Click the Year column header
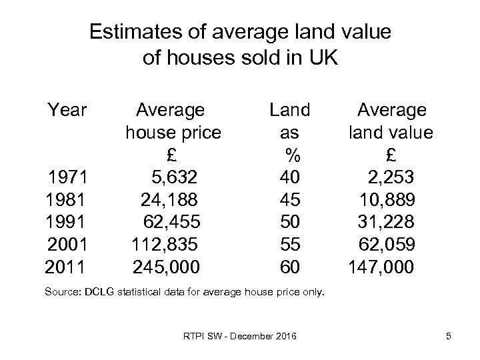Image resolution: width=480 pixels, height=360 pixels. click(x=67, y=109)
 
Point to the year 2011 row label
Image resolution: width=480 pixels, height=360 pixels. click(x=65, y=267)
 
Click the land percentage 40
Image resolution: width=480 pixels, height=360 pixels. click(x=290, y=177)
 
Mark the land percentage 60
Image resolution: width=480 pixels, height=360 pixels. click(x=290, y=267)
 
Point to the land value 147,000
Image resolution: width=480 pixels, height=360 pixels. click(x=381, y=267)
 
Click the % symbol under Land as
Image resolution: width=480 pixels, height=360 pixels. click(x=291, y=155)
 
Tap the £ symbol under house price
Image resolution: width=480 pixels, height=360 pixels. click(x=171, y=155)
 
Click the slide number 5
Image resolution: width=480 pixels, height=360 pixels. click(x=449, y=336)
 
